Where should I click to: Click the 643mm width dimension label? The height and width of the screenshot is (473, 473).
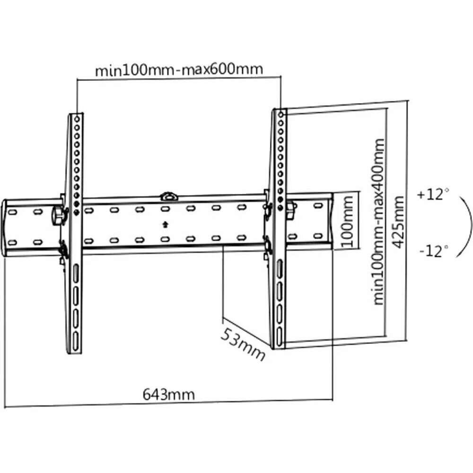(168, 394)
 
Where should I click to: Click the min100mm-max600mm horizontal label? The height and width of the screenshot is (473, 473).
(179, 70)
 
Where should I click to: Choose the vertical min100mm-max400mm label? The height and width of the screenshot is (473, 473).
(379, 221)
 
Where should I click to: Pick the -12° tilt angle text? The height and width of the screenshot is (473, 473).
(432, 251)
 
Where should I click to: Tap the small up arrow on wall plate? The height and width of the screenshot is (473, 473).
(165, 224)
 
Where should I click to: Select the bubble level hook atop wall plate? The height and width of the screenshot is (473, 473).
(168, 195)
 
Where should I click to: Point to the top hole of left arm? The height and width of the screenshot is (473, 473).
(77, 117)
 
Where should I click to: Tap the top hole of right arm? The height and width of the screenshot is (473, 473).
(281, 114)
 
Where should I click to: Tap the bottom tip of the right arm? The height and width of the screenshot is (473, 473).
(278, 348)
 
